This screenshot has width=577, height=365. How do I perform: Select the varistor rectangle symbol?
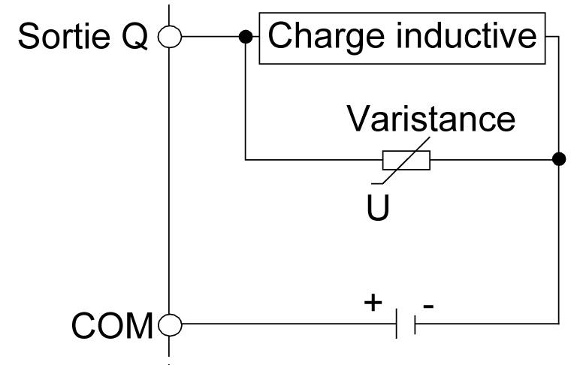406,159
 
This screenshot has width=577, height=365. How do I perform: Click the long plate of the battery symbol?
397,325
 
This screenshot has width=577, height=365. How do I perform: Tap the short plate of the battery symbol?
415,325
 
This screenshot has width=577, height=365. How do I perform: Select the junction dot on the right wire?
558,159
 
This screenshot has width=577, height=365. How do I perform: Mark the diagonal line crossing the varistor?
406,158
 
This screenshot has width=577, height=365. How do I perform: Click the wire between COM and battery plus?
285,325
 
